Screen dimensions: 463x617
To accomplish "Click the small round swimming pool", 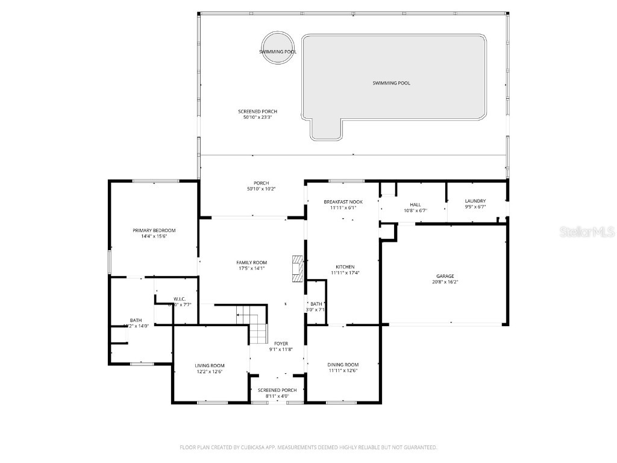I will point(278,47).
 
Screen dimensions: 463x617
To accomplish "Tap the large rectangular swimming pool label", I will point(391,83).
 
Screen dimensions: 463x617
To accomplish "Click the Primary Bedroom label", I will point(154,230).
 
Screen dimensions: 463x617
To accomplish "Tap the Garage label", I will point(445,276).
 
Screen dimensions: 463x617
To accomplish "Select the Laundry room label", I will point(475,201).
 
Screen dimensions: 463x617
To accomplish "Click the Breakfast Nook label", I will point(343,202).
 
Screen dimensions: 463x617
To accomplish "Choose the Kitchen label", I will point(345,267).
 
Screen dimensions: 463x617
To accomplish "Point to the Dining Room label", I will point(343,365).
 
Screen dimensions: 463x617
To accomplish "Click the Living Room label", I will point(209,365).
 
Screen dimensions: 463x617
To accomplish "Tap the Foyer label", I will point(281,344).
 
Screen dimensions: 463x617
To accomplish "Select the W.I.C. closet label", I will point(179,298).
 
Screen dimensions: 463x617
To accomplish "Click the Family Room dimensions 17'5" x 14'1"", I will point(251,268).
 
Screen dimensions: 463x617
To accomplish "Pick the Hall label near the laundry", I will point(415,204).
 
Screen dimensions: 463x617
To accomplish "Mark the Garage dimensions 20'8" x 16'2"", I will point(445,282).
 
